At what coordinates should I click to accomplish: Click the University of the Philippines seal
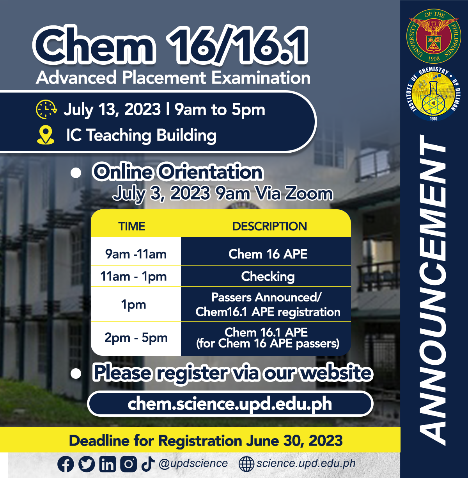pyautogui.click(x=434, y=36)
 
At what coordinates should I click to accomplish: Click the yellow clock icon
pyautogui.click(x=46, y=109)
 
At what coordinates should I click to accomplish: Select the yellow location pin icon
pyautogui.click(x=46, y=135)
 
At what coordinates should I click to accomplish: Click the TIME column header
pyautogui.click(x=131, y=226)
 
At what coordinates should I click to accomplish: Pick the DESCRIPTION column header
pyautogui.click(x=269, y=226)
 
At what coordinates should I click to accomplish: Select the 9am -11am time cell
pyautogui.click(x=136, y=254)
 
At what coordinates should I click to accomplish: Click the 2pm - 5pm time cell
pyautogui.click(x=136, y=338)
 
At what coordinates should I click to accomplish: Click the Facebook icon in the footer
pyautogui.click(x=66, y=464)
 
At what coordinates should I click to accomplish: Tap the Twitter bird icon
pyautogui.click(x=87, y=464)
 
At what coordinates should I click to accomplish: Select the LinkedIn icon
pyautogui.click(x=108, y=464)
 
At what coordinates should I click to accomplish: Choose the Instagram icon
pyautogui.click(x=129, y=464)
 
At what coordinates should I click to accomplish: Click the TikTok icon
pyautogui.click(x=148, y=464)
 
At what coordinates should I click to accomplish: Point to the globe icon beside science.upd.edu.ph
pyautogui.click(x=246, y=464)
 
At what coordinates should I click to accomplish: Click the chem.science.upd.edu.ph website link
pyautogui.click(x=230, y=404)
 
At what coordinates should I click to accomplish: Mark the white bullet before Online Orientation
pyautogui.click(x=76, y=173)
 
